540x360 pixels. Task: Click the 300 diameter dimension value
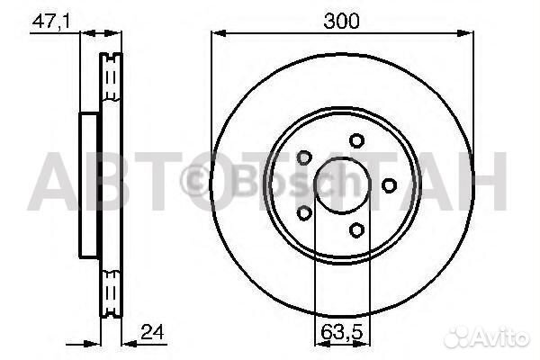[x=342, y=21]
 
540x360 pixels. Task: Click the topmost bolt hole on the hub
[x=357, y=140]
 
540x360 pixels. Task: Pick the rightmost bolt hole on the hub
[x=389, y=184]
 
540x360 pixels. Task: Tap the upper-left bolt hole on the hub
[x=304, y=157]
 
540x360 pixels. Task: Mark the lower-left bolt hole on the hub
[x=303, y=212]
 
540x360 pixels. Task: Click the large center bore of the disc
[x=341, y=184]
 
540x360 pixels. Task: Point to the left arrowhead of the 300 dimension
[x=216, y=34]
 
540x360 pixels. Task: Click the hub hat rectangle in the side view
[x=89, y=184]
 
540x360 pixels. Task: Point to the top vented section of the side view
[x=111, y=81]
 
